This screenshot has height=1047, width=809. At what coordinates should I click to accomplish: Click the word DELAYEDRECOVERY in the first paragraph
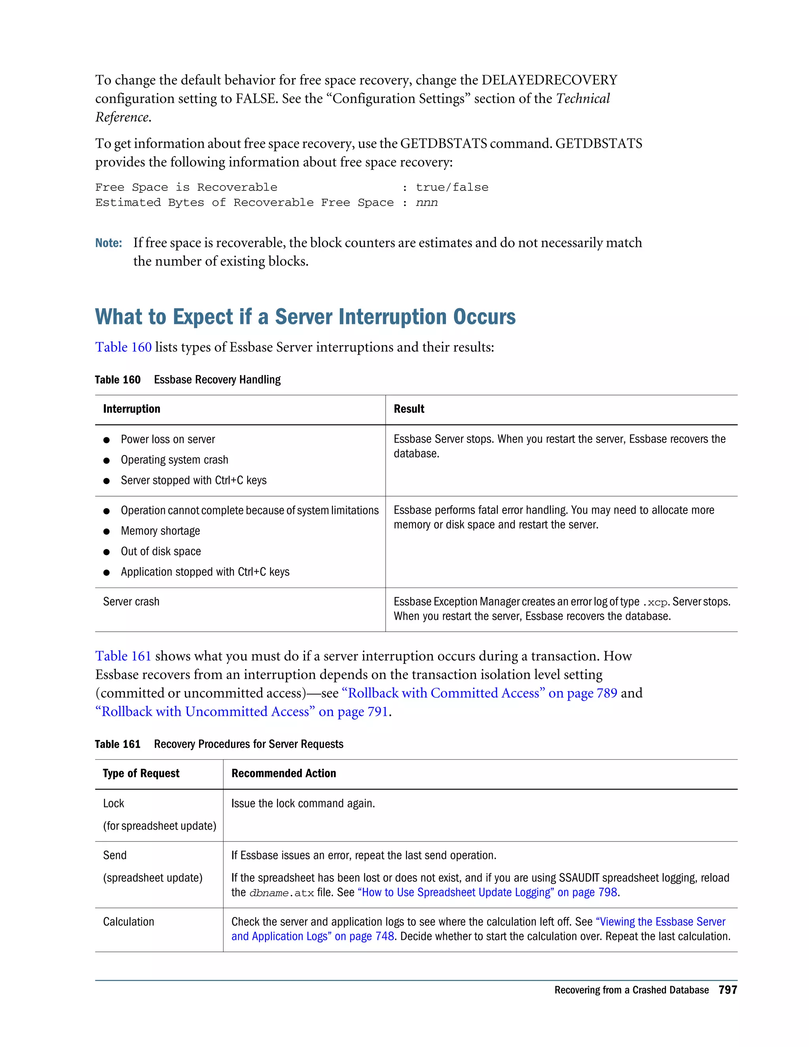click(x=549, y=80)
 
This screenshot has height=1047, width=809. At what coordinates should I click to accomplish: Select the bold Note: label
click(x=108, y=243)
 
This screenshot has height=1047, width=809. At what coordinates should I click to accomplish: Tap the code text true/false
click(x=452, y=187)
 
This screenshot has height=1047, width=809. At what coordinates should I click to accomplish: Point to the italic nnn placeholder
click(x=427, y=203)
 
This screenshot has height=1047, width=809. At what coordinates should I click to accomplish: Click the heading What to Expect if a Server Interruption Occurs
click(x=305, y=317)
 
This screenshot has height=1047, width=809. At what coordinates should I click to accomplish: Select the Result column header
click(x=409, y=409)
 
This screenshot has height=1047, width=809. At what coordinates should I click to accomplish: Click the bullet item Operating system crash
click(x=175, y=460)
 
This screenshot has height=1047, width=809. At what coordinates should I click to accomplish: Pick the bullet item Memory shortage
click(x=160, y=531)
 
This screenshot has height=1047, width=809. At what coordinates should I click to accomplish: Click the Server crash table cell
click(x=131, y=602)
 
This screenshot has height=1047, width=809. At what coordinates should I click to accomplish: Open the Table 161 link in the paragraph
click(x=123, y=656)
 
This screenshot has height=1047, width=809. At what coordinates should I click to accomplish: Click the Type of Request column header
click(x=141, y=773)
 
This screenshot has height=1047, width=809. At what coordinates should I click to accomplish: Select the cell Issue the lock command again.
click(x=303, y=804)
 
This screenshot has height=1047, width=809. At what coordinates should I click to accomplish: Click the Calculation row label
click(x=128, y=922)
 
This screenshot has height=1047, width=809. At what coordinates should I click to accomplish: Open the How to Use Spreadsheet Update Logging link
click(x=487, y=892)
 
